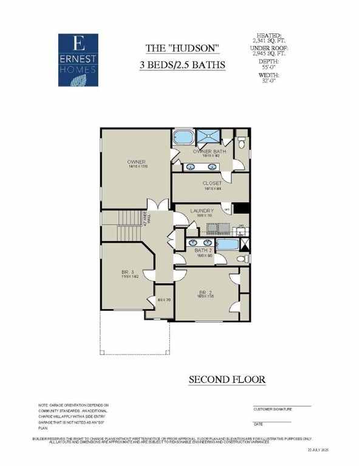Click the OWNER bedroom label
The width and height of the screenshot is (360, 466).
pyautogui.click(x=136, y=162)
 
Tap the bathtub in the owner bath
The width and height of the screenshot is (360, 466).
pyautogui.click(x=183, y=137)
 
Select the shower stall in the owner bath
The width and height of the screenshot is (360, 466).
pyautogui.click(x=209, y=137)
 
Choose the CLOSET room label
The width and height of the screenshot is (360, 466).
pyautogui.click(x=212, y=183)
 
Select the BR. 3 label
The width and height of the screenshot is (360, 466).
pyautogui.click(x=128, y=274)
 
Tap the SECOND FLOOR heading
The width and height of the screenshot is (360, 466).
pyautogui.click(x=227, y=380)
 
